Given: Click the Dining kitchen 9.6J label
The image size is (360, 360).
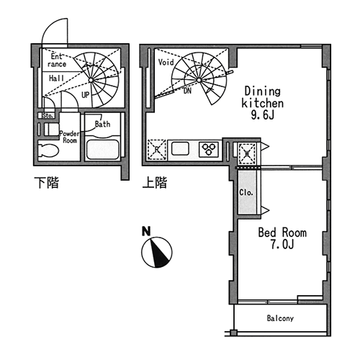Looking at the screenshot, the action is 262,103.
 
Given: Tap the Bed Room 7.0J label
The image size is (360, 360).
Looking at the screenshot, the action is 282,238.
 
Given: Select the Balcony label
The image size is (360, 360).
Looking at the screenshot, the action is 280,318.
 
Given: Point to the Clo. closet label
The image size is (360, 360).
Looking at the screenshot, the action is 246,192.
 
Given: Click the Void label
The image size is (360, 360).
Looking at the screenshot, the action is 166,63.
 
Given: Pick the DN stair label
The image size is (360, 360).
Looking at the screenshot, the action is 187,91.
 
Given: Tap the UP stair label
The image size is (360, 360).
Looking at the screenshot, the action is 85,95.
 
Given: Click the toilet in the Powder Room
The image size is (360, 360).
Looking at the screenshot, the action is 48,150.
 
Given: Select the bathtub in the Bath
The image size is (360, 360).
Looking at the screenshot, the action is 103,149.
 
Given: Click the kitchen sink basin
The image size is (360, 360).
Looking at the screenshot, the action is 180,148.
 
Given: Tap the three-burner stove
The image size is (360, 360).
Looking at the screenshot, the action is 209,149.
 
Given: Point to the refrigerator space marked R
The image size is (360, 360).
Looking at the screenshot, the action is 157,150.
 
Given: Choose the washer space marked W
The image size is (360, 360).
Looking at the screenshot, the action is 247,154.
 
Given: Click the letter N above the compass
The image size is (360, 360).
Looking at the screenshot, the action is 146,231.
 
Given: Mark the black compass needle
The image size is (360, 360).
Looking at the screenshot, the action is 159,253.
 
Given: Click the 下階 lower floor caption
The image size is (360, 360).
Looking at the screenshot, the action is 46,183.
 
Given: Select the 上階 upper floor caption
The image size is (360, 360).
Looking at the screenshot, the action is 155,183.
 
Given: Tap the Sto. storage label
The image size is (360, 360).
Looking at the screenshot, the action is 48,116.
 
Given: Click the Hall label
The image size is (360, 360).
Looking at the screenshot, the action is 56,78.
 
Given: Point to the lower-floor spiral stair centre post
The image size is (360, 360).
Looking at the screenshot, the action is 91,80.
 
